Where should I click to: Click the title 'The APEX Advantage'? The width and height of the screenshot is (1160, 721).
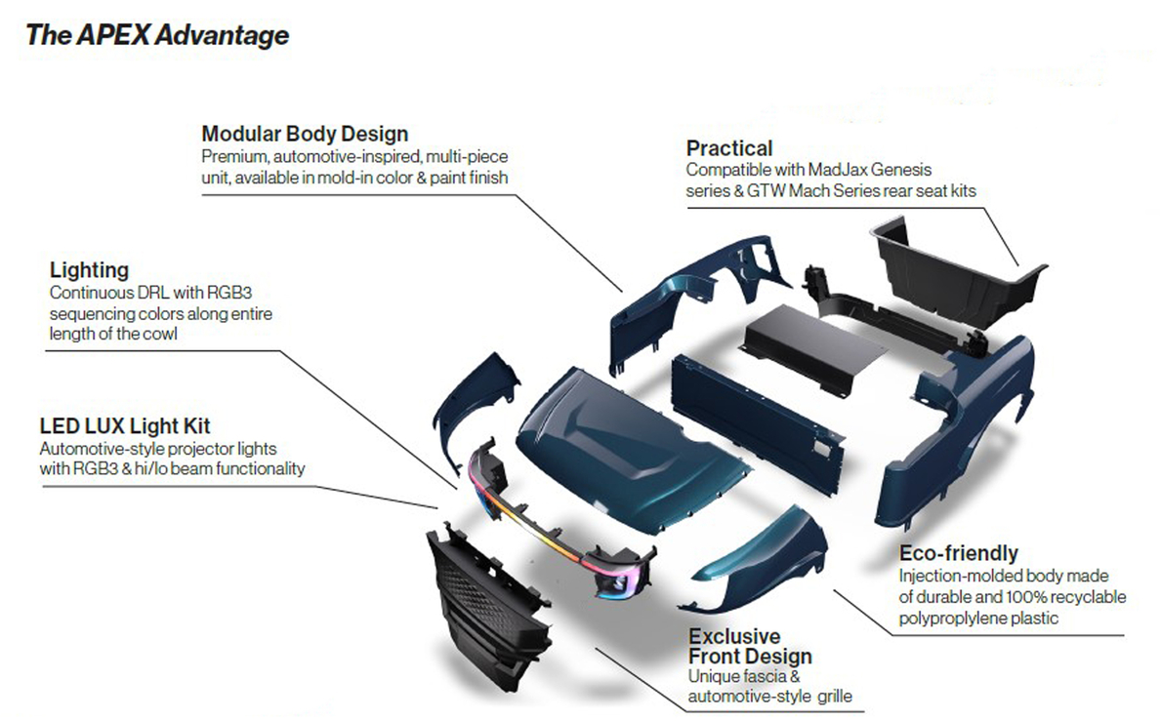pyautogui.click(x=157, y=35)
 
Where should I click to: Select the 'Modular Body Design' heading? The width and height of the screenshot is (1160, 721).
pyautogui.click(x=305, y=134)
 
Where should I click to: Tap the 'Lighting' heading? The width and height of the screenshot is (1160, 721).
pyautogui.click(x=89, y=270)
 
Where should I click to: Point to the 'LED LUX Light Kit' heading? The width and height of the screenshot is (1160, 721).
pyautogui.click(x=125, y=426)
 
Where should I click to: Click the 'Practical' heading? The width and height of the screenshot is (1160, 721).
pyautogui.click(x=728, y=148)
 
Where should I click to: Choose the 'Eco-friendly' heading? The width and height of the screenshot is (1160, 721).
pyautogui.click(x=958, y=553)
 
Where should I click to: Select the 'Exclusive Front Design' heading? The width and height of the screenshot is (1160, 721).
pyautogui.click(x=750, y=646)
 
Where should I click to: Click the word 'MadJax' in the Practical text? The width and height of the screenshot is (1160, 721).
pyautogui.click(x=838, y=170)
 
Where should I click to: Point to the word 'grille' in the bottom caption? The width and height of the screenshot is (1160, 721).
pyautogui.click(x=835, y=697)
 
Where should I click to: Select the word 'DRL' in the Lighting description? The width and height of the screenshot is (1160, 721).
pyautogui.click(x=153, y=293)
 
